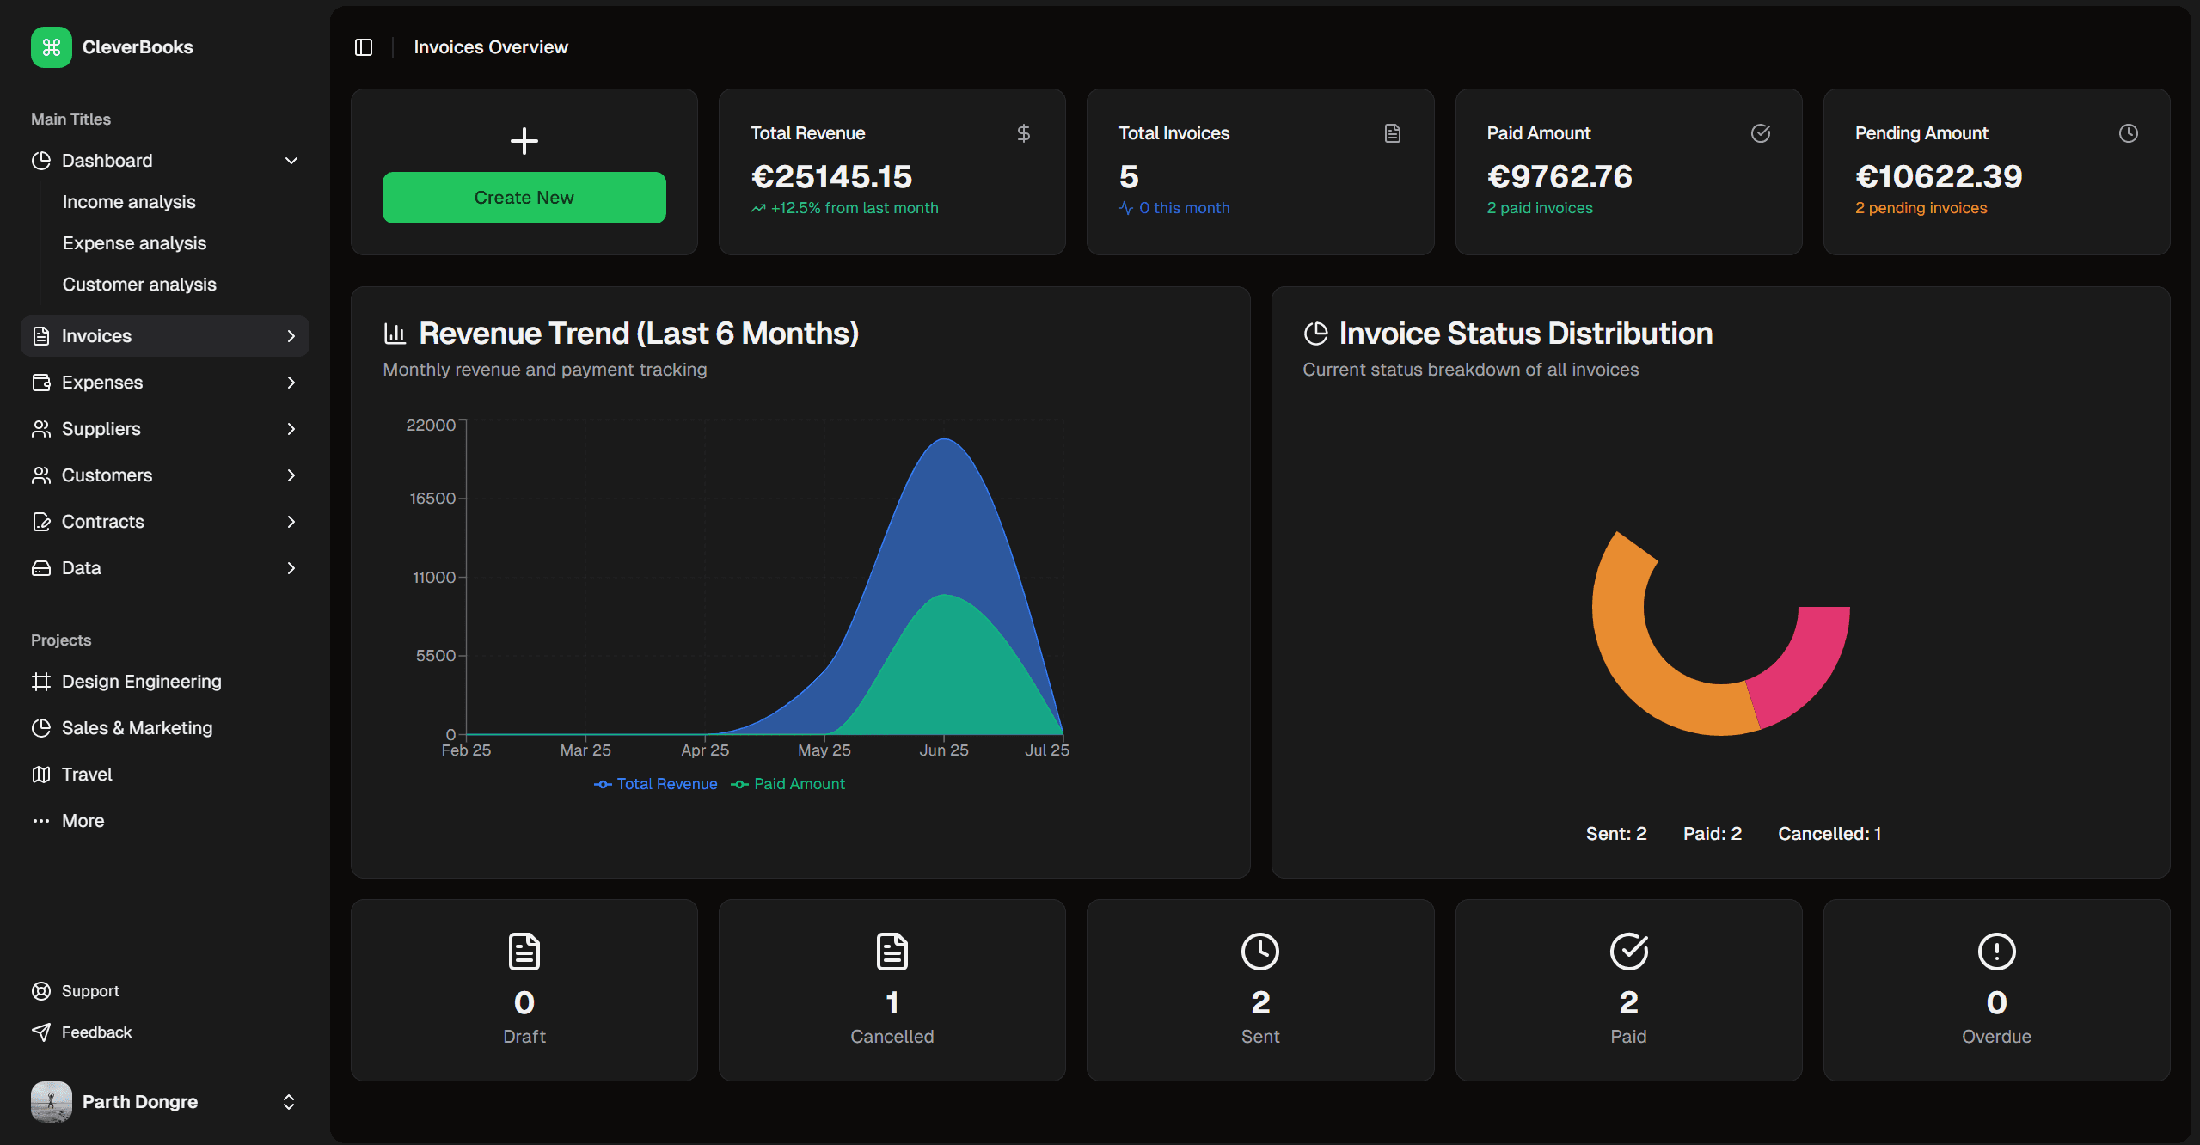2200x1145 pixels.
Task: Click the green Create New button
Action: pyautogui.click(x=524, y=198)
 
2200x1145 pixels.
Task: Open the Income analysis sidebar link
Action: pyautogui.click(x=129, y=202)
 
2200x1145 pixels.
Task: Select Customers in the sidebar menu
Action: pyautogui.click(x=107, y=475)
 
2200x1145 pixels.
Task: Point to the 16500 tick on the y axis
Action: pyautogui.click(x=432, y=499)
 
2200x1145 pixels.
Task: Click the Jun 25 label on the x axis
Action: pyautogui.click(x=943, y=750)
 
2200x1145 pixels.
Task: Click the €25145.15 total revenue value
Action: pyautogui.click(x=831, y=177)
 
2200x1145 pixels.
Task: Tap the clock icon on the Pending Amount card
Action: pyautogui.click(x=2128, y=133)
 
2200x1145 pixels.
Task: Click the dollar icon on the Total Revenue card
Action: pyautogui.click(x=1023, y=133)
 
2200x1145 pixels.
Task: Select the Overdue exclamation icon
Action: pyautogui.click(x=1996, y=952)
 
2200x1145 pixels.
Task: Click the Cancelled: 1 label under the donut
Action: pyautogui.click(x=1829, y=834)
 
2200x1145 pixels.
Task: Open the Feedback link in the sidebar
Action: pyautogui.click(x=96, y=1032)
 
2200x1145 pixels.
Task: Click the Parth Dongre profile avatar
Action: pyautogui.click(x=52, y=1102)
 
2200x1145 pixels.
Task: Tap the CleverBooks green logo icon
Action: pyautogui.click(x=52, y=47)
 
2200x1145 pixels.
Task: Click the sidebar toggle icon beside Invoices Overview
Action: pyautogui.click(x=364, y=47)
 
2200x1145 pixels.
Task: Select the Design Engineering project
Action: pyautogui.click(x=141, y=682)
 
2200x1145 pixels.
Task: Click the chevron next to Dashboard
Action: pyautogui.click(x=291, y=161)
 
